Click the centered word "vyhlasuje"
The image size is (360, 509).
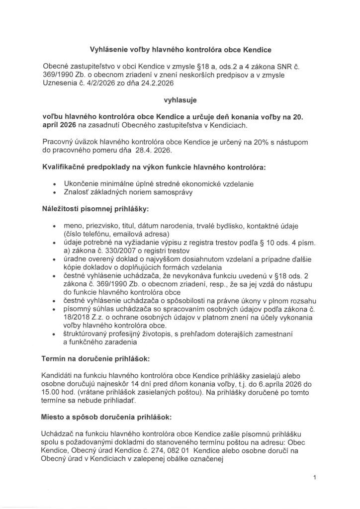(x=180, y=99)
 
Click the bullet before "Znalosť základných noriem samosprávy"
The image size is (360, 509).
(x=54, y=192)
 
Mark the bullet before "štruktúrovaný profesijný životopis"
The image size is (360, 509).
(x=54, y=334)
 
